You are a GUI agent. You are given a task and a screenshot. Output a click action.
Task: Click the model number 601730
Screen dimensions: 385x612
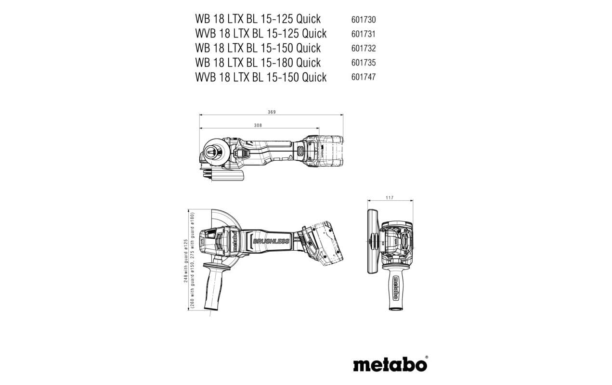click(363, 20)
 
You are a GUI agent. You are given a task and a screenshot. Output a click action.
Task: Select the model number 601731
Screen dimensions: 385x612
click(363, 34)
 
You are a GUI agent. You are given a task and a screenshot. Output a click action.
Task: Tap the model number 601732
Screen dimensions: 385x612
click(363, 49)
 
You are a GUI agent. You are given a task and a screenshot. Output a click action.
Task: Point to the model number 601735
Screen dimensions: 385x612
click(363, 63)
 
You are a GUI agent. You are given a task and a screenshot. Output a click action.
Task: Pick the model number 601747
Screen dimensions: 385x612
click(363, 77)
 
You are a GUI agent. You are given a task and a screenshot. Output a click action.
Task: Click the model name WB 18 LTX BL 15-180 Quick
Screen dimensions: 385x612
click(258, 63)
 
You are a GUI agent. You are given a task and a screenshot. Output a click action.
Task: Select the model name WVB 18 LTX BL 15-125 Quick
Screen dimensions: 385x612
click(260, 34)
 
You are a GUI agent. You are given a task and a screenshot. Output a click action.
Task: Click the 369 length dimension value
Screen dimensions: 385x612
click(272, 112)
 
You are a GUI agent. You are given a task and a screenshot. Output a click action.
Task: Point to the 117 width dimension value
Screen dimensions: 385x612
click(390, 198)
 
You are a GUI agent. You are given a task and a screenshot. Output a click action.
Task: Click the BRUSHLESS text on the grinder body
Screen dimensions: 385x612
click(271, 241)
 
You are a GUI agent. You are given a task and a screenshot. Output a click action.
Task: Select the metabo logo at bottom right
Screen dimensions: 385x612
click(391, 364)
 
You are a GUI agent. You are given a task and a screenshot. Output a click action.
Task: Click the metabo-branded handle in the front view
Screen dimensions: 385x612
click(395, 289)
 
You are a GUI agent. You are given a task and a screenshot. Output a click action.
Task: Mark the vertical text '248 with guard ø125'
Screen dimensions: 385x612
click(186, 260)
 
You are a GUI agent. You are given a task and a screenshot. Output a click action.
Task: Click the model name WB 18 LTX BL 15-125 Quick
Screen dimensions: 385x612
click(258, 19)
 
